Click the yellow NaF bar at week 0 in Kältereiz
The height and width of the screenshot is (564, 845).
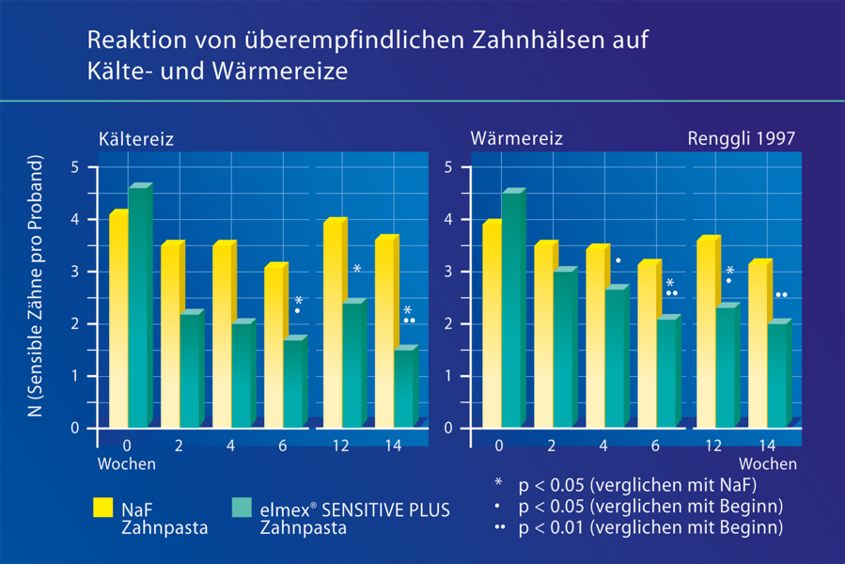117,320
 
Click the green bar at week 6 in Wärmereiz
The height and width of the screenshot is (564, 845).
666,373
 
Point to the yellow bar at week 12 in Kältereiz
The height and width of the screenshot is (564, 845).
333,324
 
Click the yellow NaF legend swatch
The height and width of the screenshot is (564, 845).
102,509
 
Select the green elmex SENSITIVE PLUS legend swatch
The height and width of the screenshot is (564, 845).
242,509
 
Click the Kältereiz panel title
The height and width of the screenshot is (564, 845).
136,139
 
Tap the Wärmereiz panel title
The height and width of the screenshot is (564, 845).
516,139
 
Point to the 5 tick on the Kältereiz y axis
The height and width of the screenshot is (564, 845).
76,168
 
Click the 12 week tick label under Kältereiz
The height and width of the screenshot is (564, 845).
339,446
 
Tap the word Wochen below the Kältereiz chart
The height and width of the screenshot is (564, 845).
126,463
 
